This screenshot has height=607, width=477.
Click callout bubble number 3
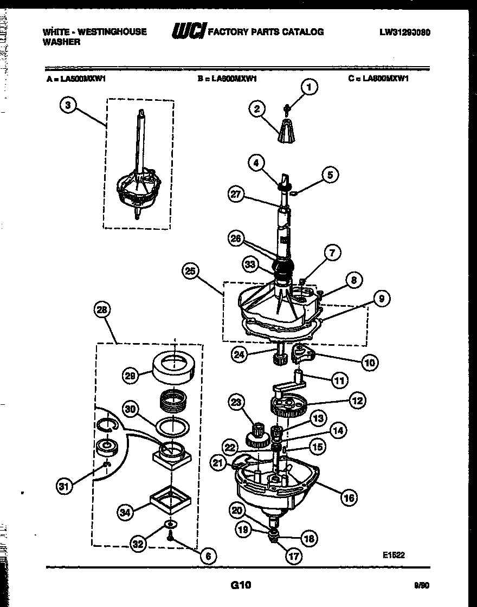coord(67,106)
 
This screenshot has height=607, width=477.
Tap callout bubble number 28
coord(101,310)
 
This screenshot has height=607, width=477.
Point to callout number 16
coord(350,497)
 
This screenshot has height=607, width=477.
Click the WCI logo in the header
coord(188,32)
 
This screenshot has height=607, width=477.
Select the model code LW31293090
coord(405,32)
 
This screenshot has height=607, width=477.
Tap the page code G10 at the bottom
coord(241,585)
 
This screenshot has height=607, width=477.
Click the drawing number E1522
coord(394,555)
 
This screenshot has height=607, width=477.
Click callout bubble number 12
coord(357,401)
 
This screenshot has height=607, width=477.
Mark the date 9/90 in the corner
coord(421,585)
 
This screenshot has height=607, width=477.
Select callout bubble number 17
coord(293,556)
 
